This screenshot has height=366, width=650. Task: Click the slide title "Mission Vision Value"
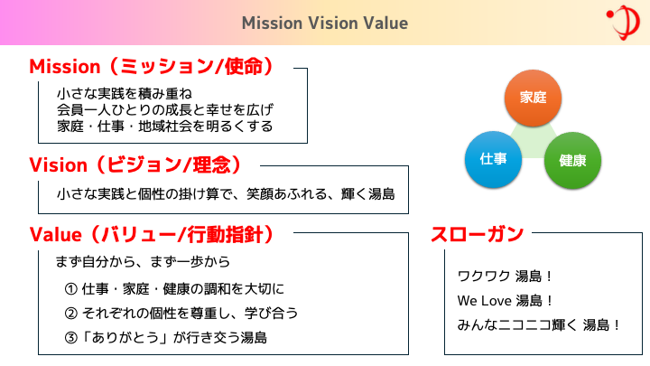click(x=325, y=23)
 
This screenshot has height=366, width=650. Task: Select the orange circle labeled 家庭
click(x=533, y=98)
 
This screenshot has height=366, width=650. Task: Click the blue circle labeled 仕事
click(x=493, y=159)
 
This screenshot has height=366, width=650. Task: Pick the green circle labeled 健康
click(x=572, y=161)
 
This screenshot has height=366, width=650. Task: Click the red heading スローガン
click(x=478, y=234)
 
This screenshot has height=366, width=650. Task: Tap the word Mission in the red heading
click(x=65, y=66)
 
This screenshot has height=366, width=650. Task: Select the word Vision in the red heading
click(x=58, y=165)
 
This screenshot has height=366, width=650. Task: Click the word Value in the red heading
click(x=56, y=234)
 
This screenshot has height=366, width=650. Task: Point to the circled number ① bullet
click(x=71, y=289)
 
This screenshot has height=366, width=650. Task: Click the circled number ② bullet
click(x=71, y=314)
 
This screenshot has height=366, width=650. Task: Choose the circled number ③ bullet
click(x=71, y=338)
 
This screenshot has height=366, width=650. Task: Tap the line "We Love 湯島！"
click(x=506, y=300)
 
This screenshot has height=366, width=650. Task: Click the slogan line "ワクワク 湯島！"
click(x=505, y=276)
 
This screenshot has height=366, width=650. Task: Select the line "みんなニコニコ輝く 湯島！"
click(x=539, y=325)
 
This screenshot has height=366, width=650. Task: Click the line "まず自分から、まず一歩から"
click(x=143, y=262)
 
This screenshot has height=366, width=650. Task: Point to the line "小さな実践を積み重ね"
click(x=125, y=94)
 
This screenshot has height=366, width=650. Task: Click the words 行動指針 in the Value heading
click(x=225, y=234)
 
